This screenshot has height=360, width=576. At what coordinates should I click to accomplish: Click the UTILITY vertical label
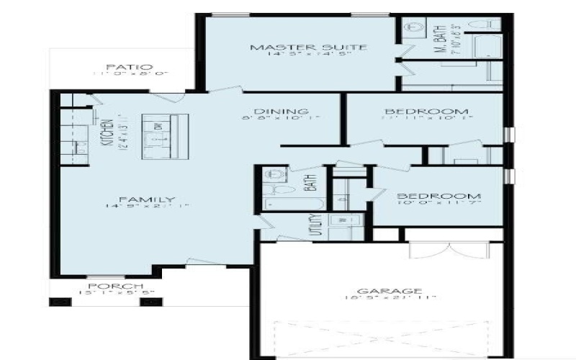[x=315, y=225]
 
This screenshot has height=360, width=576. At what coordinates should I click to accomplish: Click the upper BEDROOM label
[x=427, y=112]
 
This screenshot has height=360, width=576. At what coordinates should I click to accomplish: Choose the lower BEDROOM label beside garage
[x=429, y=196]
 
